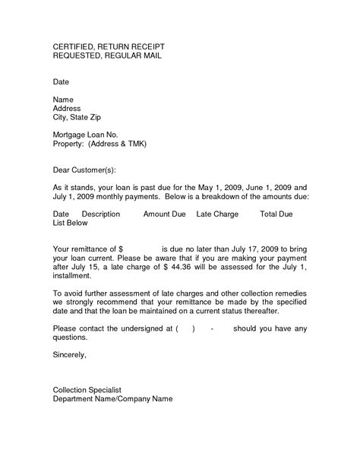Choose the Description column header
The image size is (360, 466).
[x=100, y=214]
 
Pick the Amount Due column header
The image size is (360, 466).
[x=165, y=214]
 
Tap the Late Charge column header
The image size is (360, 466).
[x=217, y=214]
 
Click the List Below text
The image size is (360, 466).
[x=74, y=224]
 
